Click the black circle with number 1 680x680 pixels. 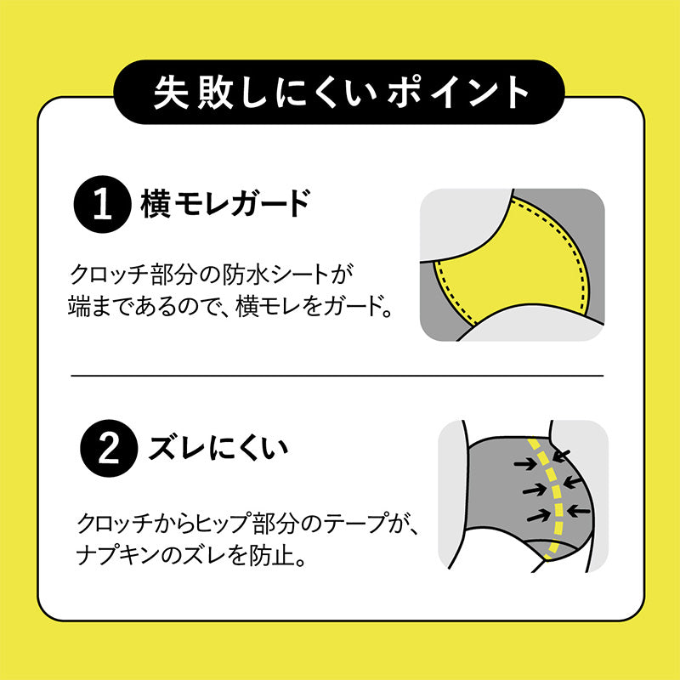tap(102, 204)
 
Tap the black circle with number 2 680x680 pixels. tap(109, 449)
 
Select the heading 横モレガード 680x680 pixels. tap(225, 203)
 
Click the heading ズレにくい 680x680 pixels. tap(218, 448)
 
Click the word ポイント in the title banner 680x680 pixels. tap(458, 92)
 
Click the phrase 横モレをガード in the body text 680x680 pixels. tap(309, 306)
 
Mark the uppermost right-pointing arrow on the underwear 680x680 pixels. tap(525, 464)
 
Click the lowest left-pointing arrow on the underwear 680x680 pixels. tap(579, 512)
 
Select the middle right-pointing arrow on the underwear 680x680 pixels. tap(535, 490)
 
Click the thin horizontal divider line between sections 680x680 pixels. tap(337, 376)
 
